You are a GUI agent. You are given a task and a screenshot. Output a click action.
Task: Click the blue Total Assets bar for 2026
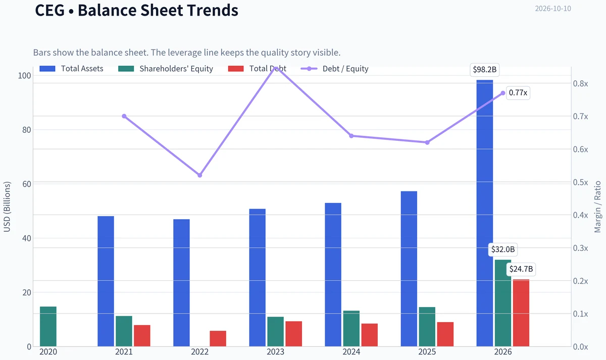484,213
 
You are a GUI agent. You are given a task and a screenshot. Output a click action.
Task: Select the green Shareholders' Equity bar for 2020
48,327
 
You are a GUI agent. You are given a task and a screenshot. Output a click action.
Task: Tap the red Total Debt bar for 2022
218,339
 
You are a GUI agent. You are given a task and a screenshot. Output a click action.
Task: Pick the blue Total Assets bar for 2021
106,281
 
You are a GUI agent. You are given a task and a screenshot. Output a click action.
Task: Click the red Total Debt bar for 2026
521,313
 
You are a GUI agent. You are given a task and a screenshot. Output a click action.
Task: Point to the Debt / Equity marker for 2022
199,175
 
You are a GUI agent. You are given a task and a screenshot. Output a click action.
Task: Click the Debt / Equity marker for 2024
351,136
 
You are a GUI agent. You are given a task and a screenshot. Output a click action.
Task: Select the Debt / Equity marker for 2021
124,116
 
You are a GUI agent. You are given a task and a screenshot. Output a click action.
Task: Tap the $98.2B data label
484,70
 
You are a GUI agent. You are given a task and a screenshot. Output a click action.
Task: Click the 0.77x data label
518,93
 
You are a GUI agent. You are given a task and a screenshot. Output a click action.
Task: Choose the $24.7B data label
521,269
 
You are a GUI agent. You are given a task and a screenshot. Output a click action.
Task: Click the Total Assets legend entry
71,69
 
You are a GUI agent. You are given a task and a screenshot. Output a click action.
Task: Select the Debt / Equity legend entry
335,69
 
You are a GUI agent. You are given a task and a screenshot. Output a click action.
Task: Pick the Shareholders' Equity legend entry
166,69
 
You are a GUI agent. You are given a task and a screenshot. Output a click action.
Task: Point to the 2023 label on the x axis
275,351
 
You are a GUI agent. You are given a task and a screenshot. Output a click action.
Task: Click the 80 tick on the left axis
26,130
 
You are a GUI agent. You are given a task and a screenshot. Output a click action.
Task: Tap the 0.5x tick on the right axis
580,182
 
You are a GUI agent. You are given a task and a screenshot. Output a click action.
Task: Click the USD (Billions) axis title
7,207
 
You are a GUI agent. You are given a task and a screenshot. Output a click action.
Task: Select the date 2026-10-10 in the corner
553,9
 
